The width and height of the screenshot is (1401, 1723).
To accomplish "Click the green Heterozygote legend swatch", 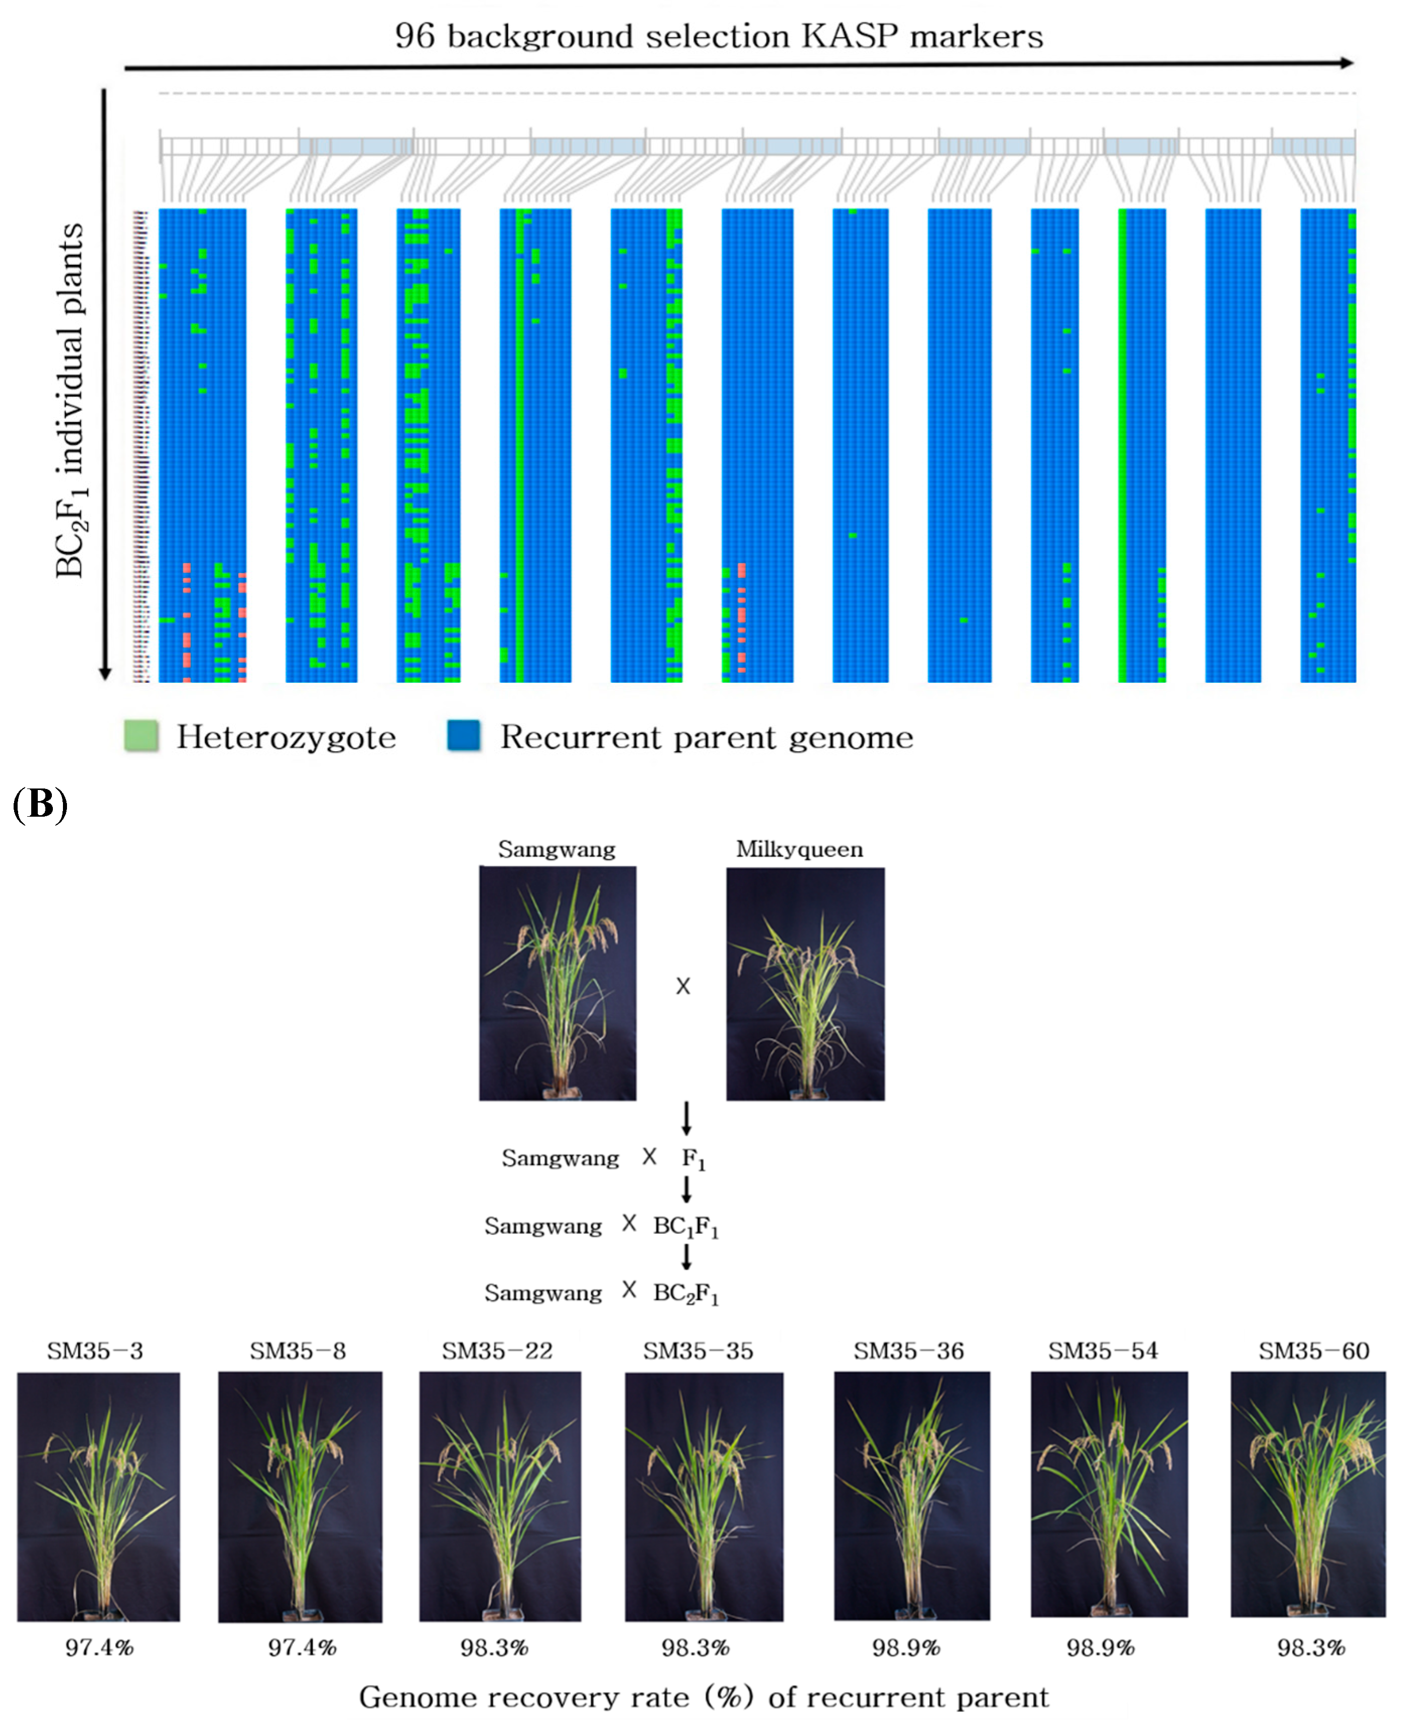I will coord(141,736).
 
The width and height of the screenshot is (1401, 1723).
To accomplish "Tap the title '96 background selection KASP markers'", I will coord(718,36).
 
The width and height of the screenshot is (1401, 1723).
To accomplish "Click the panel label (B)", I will coord(40,805).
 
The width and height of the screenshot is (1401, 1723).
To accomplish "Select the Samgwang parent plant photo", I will coord(557,983).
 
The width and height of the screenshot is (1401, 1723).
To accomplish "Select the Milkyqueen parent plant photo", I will coord(805,983).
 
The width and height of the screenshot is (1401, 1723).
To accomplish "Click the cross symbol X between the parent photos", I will coord(683,986).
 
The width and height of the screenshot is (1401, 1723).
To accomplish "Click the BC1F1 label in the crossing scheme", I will coord(686,1227).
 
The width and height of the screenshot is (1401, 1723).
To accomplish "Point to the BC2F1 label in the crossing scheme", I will coord(686,1294).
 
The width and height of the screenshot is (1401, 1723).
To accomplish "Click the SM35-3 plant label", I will coord(95,1351).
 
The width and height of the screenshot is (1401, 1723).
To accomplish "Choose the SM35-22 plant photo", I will coord(500,1496).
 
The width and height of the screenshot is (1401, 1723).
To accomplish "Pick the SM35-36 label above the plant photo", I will coord(908,1351).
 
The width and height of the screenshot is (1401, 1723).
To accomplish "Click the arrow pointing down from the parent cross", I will coord(686,1118).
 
